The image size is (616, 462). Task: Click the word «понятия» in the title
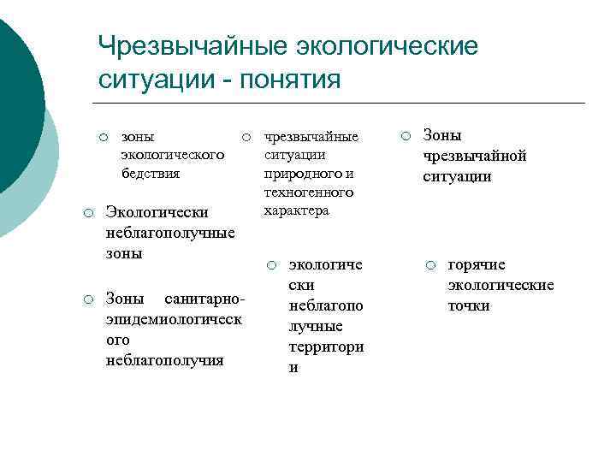(x=292, y=80)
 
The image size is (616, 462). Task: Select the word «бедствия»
(x=151, y=173)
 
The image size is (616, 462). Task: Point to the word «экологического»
(x=173, y=154)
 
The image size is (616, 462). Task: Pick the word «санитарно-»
(x=209, y=299)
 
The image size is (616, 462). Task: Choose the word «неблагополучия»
(x=164, y=359)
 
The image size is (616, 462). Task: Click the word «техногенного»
(x=309, y=192)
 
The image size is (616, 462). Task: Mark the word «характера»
(x=296, y=210)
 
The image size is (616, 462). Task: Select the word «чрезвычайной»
(x=475, y=156)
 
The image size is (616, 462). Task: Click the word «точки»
(x=469, y=305)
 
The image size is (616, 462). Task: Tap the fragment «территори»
(x=327, y=347)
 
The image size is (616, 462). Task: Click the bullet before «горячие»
(x=433, y=264)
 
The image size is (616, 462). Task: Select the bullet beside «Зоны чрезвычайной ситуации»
(x=406, y=134)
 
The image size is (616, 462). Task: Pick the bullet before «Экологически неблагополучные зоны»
(x=87, y=211)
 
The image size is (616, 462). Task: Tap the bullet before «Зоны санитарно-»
(x=87, y=298)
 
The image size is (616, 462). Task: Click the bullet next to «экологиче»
(x=269, y=264)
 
